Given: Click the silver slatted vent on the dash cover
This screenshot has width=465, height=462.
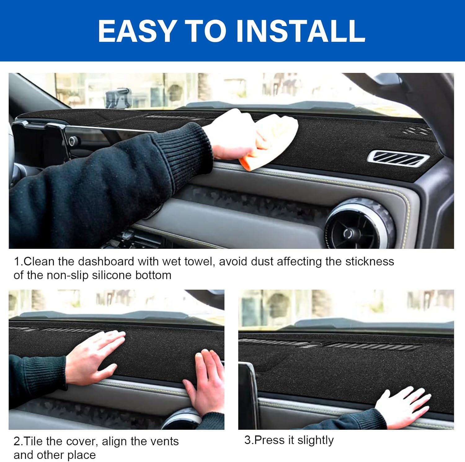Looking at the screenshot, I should (x=398, y=158).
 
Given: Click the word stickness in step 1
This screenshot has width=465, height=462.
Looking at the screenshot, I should (x=370, y=262).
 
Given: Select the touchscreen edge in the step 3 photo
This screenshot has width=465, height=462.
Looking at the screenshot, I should (x=250, y=394).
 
